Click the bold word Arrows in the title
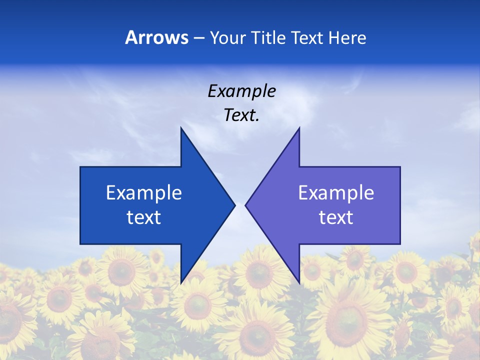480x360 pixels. [156, 37]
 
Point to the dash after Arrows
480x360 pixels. [198, 38]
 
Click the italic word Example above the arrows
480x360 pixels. [241, 91]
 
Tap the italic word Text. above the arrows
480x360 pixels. [241, 115]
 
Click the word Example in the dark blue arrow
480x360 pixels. [144, 193]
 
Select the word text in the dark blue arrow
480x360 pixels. [144, 217]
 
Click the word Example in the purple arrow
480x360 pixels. [336, 193]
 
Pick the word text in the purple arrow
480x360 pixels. [336, 217]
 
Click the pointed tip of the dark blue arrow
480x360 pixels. [235, 205]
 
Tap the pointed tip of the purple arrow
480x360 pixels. [245, 205]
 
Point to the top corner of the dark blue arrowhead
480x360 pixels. [181, 127]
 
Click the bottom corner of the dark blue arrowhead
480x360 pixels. [181, 283]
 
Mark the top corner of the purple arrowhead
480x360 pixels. [299, 127]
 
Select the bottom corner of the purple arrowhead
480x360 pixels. [299, 283]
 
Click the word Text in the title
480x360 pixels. [308, 37]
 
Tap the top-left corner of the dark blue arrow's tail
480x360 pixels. [80, 167]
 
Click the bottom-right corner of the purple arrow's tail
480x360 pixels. [400, 244]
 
